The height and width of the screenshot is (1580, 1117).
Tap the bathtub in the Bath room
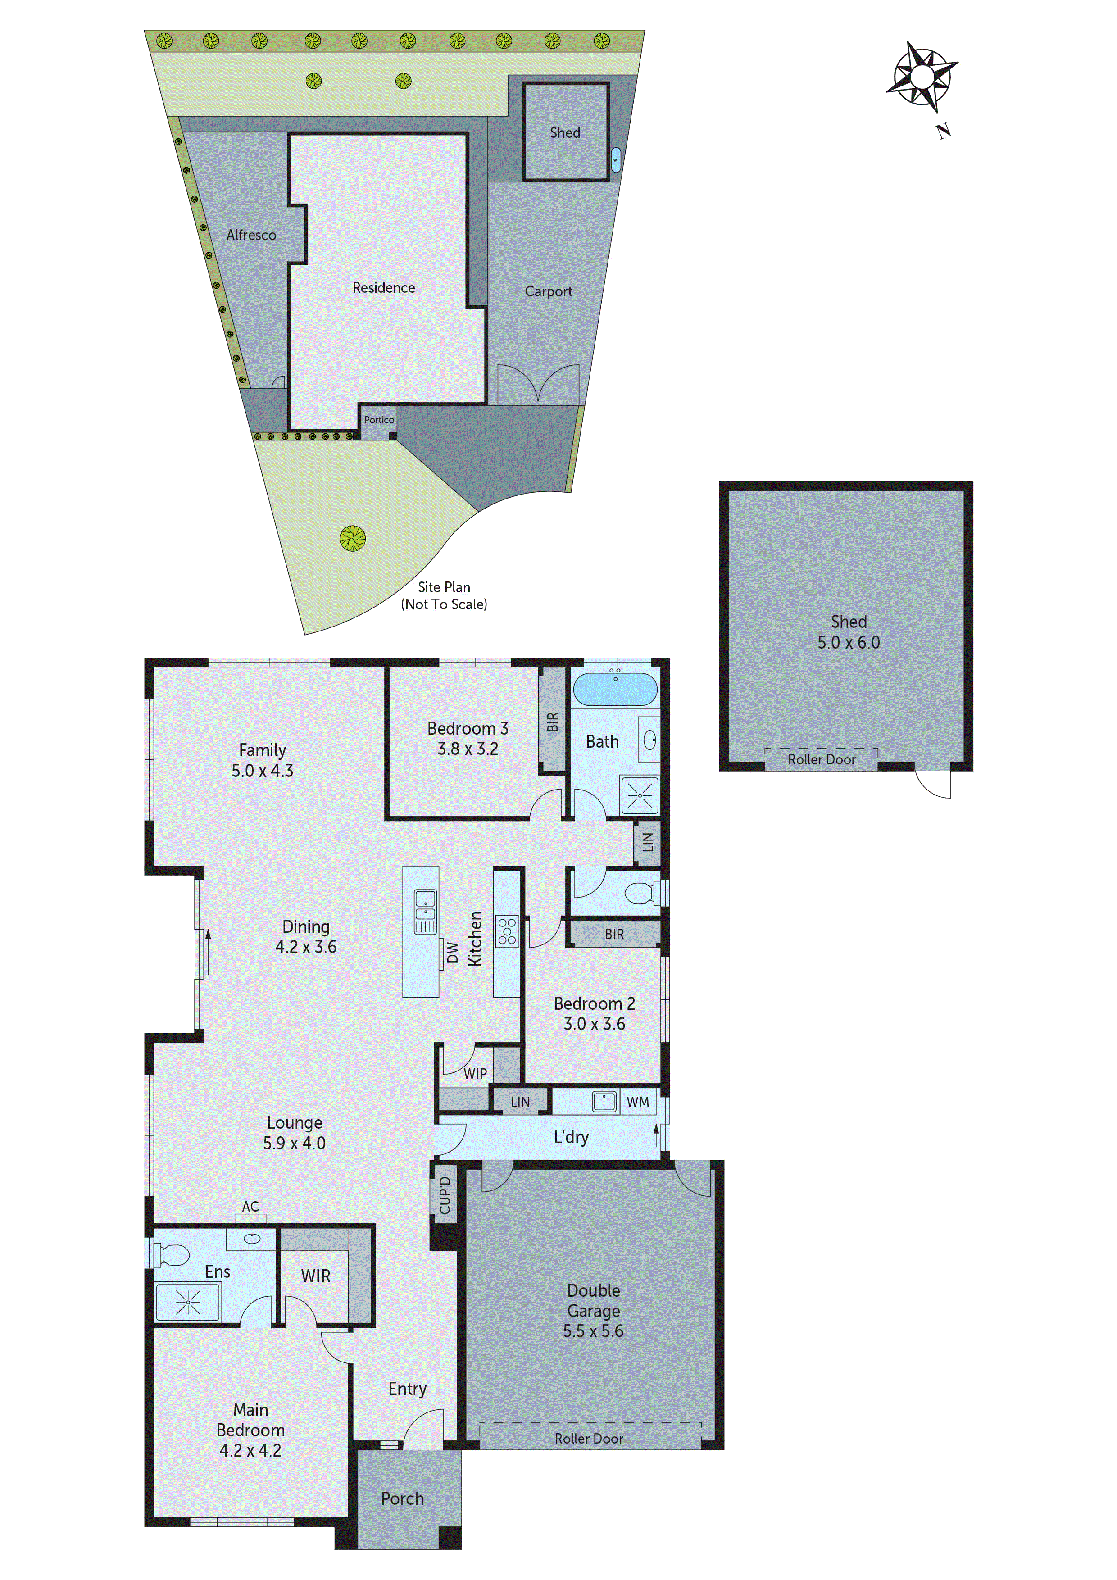click(x=615, y=690)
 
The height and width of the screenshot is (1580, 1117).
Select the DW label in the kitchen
click(x=452, y=953)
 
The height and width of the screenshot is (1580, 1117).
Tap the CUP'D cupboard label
click(x=445, y=1195)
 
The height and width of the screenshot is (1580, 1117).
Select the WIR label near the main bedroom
click(x=315, y=1276)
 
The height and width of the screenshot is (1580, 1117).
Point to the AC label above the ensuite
click(x=250, y=1206)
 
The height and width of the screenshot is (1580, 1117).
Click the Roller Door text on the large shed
click(x=821, y=760)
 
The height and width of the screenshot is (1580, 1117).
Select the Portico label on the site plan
click(x=379, y=420)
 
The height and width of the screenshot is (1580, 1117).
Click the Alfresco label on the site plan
click(x=251, y=236)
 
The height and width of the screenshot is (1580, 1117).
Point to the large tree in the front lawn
click(x=352, y=538)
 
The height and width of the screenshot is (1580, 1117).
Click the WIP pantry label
click(x=475, y=1073)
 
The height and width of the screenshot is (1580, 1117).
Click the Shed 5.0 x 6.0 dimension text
click(x=848, y=642)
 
